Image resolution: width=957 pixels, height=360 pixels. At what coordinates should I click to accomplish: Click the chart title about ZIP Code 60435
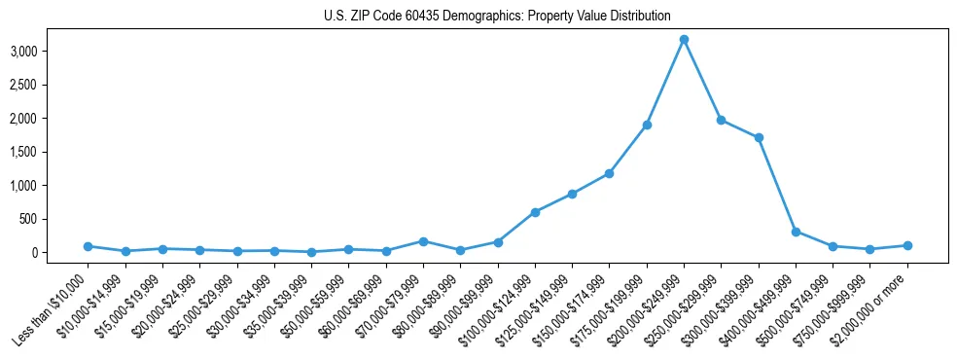tap(497, 17)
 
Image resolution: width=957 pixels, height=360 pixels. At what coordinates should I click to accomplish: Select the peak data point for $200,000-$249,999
tap(684, 40)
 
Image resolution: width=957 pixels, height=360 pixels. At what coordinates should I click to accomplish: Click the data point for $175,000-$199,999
tap(647, 125)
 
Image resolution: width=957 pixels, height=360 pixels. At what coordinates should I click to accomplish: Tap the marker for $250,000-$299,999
tap(722, 120)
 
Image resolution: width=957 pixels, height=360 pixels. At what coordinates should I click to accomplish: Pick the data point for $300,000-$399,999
tap(759, 137)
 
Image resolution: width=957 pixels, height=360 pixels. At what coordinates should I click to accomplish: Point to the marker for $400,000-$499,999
tap(796, 232)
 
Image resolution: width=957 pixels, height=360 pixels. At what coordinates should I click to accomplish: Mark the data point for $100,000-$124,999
tap(535, 212)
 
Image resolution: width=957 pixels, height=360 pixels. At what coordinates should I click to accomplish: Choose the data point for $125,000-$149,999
tap(573, 194)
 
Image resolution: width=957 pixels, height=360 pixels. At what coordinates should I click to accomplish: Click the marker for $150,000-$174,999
tap(609, 173)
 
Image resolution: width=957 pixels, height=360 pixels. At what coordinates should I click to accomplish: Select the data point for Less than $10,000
tap(88, 246)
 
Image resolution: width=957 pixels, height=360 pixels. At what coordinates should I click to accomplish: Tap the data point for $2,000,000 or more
tap(907, 245)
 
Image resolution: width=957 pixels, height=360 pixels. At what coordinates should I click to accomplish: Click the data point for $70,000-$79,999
tap(423, 241)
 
